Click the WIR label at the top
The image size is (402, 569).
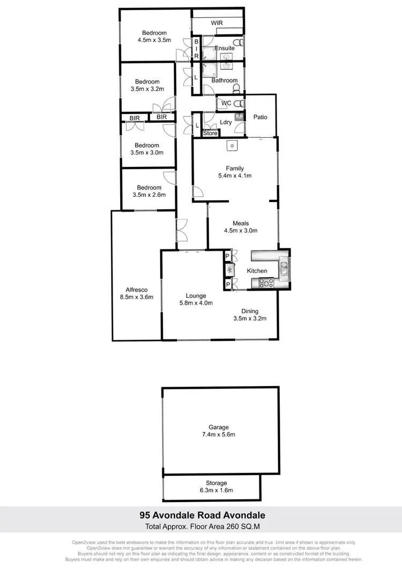pos(217,23)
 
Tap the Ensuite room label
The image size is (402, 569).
pos(225,48)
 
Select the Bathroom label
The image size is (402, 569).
pos(224,80)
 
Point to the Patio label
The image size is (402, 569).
pos(260,117)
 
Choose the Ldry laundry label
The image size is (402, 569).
pos(226,122)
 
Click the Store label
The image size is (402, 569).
pos(210,133)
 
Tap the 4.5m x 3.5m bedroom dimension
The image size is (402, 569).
pos(154,40)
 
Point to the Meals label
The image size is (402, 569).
pos(241,224)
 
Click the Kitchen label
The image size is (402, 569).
pos(257,271)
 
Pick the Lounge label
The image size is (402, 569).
pos(196,295)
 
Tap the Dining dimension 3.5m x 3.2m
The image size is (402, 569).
pos(250,318)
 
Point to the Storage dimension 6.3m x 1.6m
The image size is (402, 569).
pos(218,490)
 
